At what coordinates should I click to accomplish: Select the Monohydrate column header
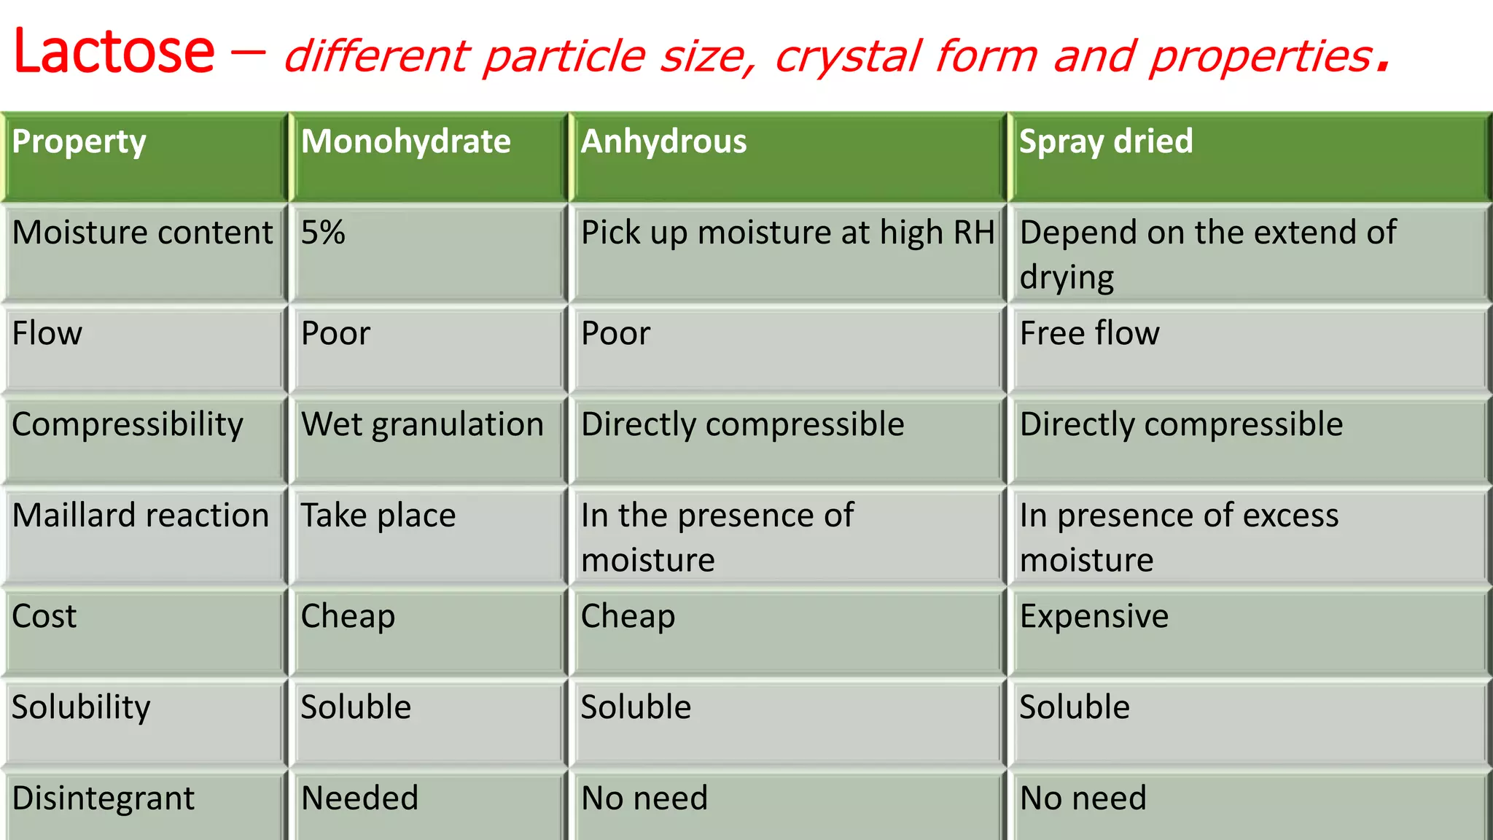tap(405, 141)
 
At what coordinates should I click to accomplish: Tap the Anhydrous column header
tap(663, 141)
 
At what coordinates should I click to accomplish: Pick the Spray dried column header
tap(1105, 141)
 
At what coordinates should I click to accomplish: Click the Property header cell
tap(79, 141)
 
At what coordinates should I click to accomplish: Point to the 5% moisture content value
tap(323, 233)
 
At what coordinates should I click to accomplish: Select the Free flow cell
tap(1089, 333)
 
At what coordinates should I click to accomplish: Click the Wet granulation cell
tap(422, 424)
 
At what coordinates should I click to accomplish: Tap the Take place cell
tap(378, 516)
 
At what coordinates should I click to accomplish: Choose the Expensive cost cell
tap(1094, 616)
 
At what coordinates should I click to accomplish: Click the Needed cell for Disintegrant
tap(359, 798)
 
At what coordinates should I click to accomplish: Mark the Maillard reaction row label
tap(141, 516)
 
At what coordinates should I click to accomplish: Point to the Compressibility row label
tap(128, 424)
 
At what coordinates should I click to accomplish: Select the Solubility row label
tap(81, 707)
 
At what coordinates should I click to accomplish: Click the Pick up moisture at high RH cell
tap(787, 233)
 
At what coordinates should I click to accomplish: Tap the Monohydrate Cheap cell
tap(348, 616)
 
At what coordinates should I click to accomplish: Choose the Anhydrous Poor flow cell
tap(615, 333)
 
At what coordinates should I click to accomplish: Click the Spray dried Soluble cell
tap(1074, 707)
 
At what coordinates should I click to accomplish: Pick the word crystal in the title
tap(846, 57)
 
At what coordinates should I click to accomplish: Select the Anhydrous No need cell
tap(644, 798)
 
